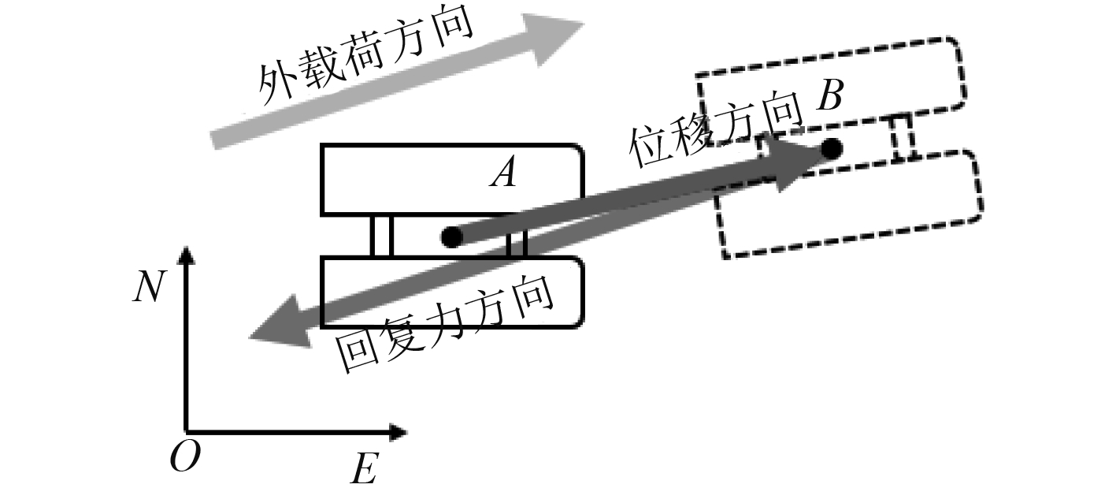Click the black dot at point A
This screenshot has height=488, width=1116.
(x=451, y=236)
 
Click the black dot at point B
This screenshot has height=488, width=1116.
(x=831, y=147)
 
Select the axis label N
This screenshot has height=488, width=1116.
(x=149, y=288)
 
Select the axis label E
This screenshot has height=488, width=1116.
(x=363, y=471)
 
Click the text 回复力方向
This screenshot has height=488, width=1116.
(x=445, y=325)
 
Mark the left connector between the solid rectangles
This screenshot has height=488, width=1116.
(x=381, y=236)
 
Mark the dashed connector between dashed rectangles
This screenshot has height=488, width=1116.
(x=903, y=138)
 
